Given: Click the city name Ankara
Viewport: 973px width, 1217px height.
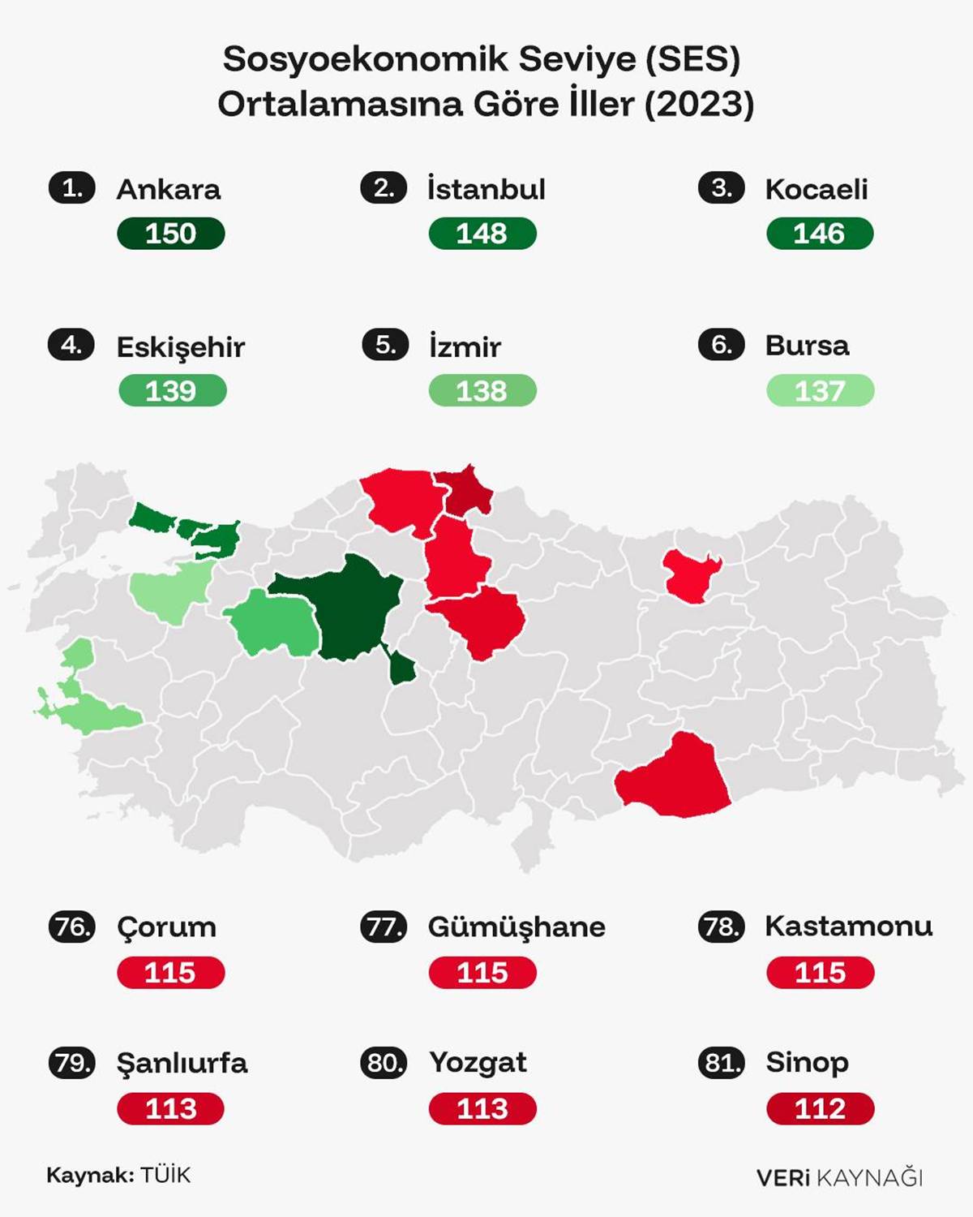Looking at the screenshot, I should (x=169, y=189).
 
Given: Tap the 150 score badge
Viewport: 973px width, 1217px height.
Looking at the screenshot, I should (x=170, y=234).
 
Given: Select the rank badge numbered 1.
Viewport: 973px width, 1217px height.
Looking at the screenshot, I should (x=72, y=188).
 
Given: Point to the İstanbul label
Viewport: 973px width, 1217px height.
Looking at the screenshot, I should (x=486, y=189).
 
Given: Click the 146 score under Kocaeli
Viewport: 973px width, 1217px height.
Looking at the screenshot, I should (x=819, y=234).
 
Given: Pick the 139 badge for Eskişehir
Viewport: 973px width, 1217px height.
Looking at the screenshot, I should (x=172, y=391).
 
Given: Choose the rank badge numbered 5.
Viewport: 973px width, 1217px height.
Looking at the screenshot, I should (x=385, y=346).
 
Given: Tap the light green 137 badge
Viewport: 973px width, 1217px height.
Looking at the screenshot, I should (x=820, y=391).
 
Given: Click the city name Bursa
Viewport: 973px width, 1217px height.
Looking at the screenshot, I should (x=807, y=346).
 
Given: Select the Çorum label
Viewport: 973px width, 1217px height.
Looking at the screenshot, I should (x=166, y=927).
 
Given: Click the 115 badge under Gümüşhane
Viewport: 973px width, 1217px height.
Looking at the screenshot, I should (x=482, y=972).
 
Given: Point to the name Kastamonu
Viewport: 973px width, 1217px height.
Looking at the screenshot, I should (x=848, y=926).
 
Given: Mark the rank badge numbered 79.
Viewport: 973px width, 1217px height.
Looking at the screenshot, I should (x=72, y=1062).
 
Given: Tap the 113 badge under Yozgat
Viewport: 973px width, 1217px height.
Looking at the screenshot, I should (x=482, y=1108).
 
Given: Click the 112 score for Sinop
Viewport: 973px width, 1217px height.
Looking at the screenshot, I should (x=820, y=1108).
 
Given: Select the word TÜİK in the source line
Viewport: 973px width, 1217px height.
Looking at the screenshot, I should (x=165, y=1175).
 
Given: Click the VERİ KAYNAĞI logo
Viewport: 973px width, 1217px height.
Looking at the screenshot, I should (x=839, y=1177).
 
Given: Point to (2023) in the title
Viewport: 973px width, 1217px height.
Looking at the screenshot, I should (x=700, y=104).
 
